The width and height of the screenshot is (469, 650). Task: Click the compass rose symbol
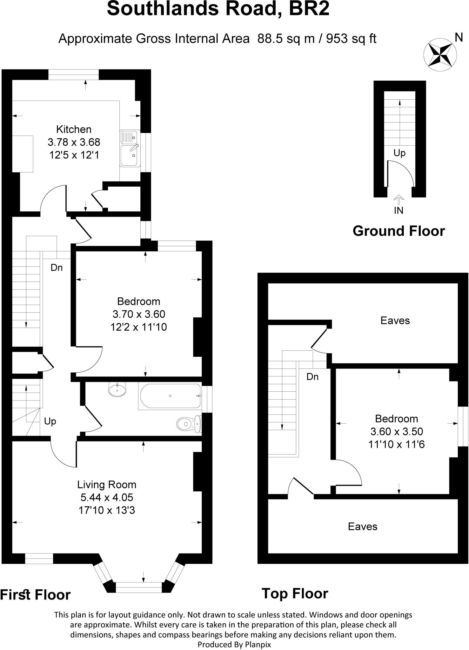coord(440,54)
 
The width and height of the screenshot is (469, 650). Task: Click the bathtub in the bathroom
coord(170,396)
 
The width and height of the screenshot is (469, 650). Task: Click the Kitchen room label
coord(74,129)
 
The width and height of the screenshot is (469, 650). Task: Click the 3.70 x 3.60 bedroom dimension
coord(139,314)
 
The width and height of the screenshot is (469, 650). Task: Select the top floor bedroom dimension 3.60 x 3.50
coord(397,431)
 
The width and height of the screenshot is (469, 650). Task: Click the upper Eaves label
coord(395,320)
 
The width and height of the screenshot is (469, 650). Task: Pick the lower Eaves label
coord(363,526)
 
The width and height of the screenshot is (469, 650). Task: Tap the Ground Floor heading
coord(399,231)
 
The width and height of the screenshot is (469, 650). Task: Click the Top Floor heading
coord(295,593)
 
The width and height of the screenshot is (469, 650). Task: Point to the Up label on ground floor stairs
coord(399,153)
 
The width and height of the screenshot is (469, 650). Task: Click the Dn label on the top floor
coord(312,377)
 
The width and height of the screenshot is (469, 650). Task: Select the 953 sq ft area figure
coord(351,39)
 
